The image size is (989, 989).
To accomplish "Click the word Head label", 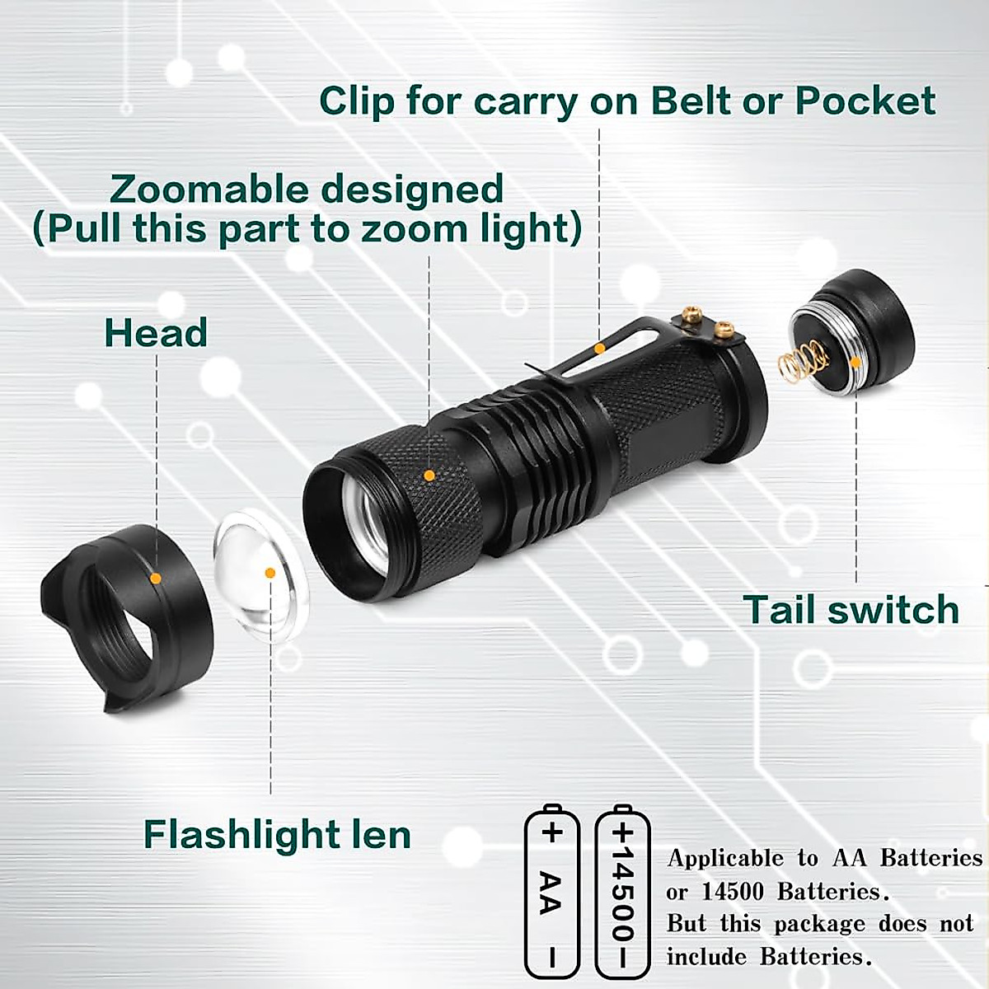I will coord(155,333).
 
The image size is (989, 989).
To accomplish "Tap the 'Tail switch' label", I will coord(851,610).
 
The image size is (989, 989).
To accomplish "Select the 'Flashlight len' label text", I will coord(277,834).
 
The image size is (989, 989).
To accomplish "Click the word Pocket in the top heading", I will coord(865,101).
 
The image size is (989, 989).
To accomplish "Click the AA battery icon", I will coord(552,891).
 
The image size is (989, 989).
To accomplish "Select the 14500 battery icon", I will coord(622,891).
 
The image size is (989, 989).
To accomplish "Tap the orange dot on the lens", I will coord(270,573).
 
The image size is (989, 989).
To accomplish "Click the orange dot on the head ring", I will coord(156,579).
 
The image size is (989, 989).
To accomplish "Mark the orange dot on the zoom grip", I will coord(429,476).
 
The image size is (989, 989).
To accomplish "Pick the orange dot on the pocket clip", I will coord(600,349).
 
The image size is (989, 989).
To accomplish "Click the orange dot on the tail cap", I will coord(856,361).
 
